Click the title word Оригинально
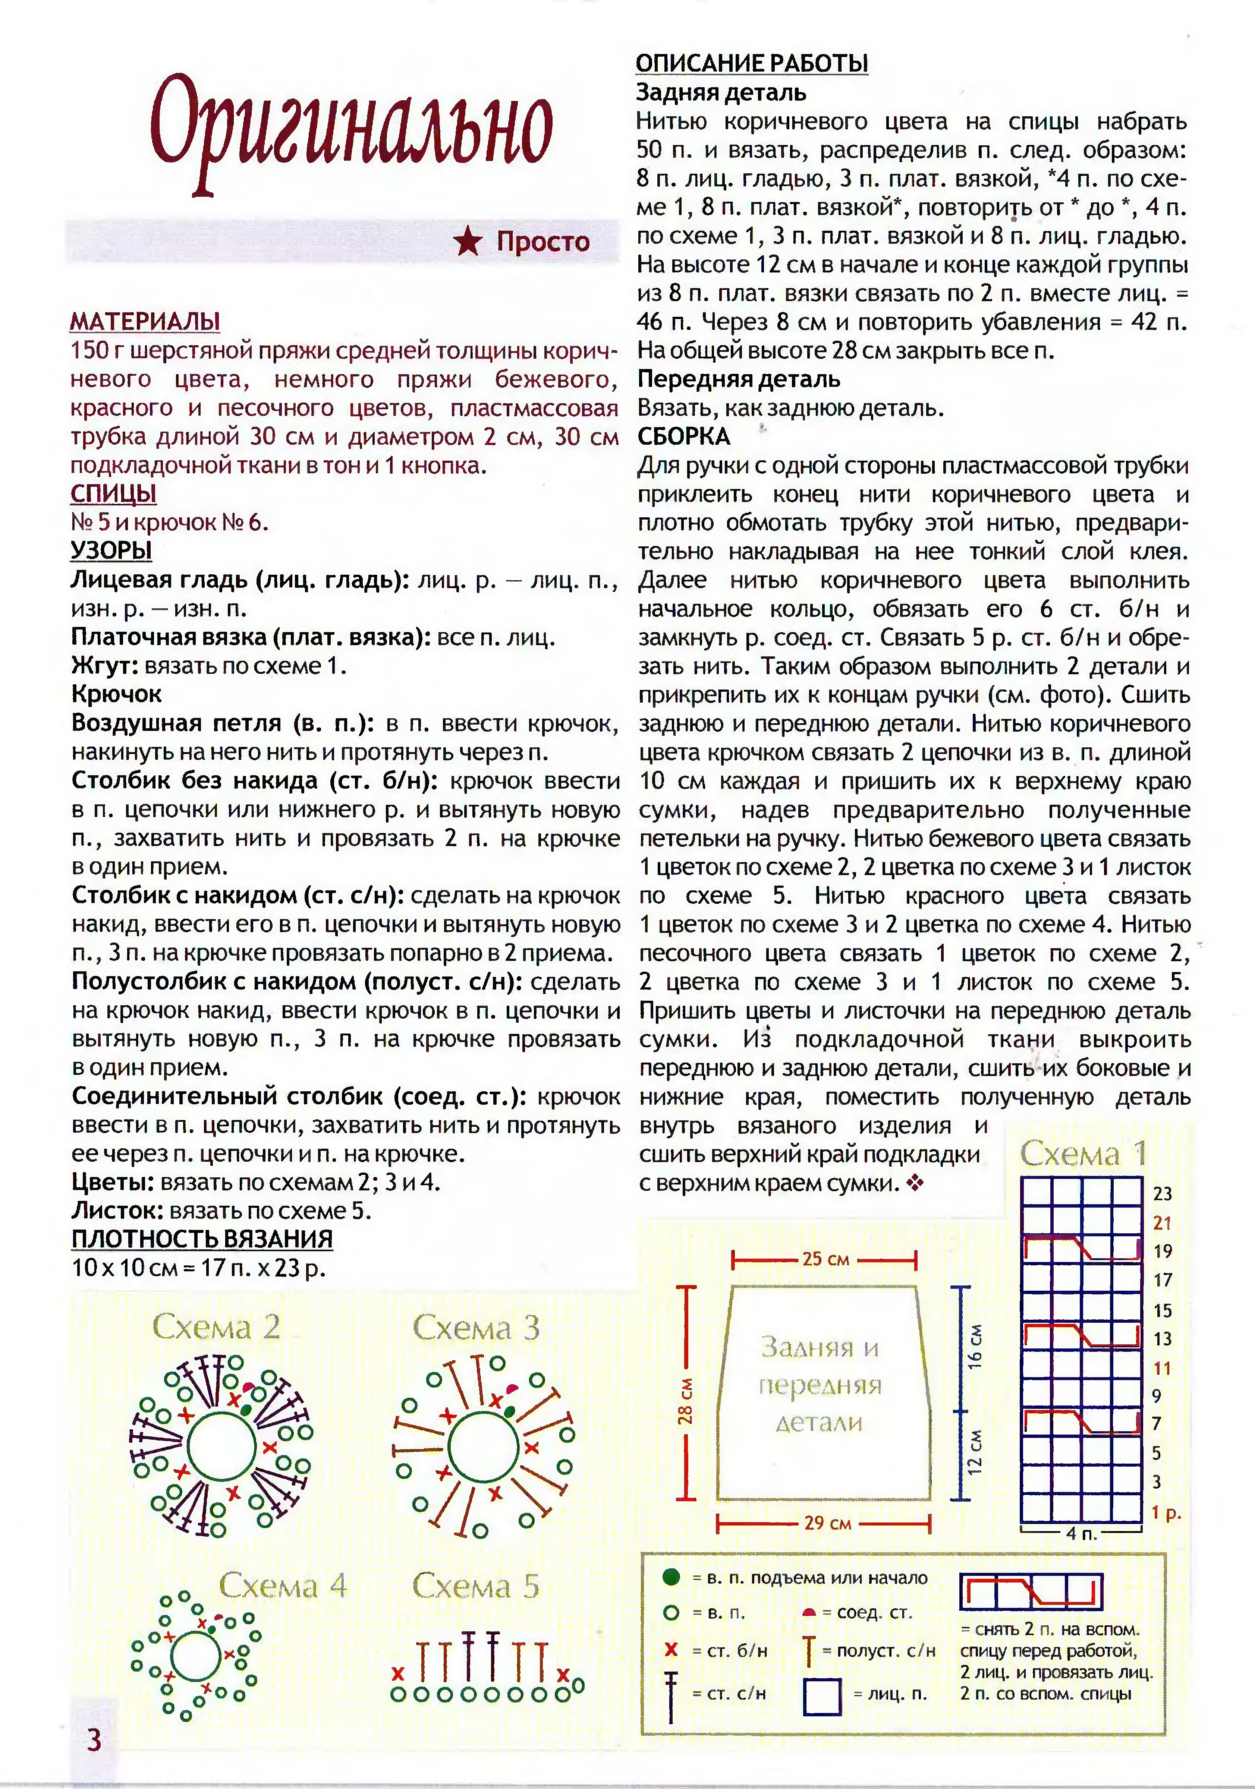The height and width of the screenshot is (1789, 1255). point(351,129)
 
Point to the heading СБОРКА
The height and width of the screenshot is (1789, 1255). point(684,436)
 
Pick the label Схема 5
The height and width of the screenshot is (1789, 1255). point(475,1586)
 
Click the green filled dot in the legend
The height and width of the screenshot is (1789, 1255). point(670,1578)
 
